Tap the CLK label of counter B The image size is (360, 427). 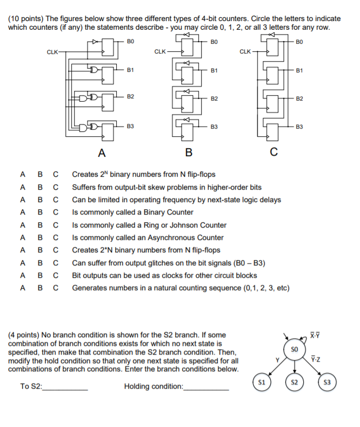(x=160, y=52)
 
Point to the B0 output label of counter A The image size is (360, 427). (x=130, y=41)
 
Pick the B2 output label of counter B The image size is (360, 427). (x=214, y=99)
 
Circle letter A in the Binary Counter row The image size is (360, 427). (x=22, y=212)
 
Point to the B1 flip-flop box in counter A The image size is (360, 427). (x=108, y=74)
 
